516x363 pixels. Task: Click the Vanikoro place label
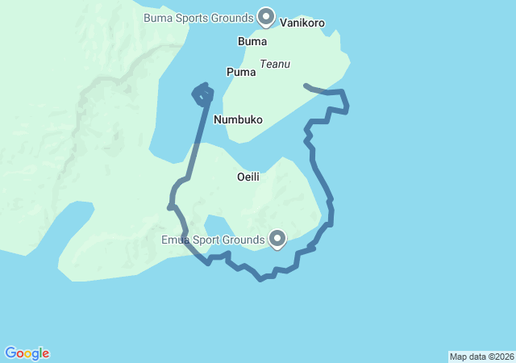[302, 23]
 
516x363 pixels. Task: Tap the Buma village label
[252, 41]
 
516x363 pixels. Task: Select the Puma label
[241, 72]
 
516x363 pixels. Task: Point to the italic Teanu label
[275, 64]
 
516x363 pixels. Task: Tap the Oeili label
[248, 177]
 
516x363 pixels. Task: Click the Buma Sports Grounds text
[198, 17]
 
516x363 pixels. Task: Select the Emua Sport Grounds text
[213, 240]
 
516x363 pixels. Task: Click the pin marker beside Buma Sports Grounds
[266, 16]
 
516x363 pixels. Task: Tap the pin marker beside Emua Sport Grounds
[277, 238]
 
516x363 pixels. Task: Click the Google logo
[27, 353]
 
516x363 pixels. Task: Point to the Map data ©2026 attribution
[481, 357]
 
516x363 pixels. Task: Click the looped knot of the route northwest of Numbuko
[202, 94]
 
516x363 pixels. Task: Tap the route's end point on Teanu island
[305, 84]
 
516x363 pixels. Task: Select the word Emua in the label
[174, 240]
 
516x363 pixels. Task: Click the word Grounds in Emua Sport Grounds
[246, 240]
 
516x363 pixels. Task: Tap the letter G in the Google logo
[10, 353]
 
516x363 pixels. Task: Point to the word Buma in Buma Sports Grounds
[157, 17]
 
